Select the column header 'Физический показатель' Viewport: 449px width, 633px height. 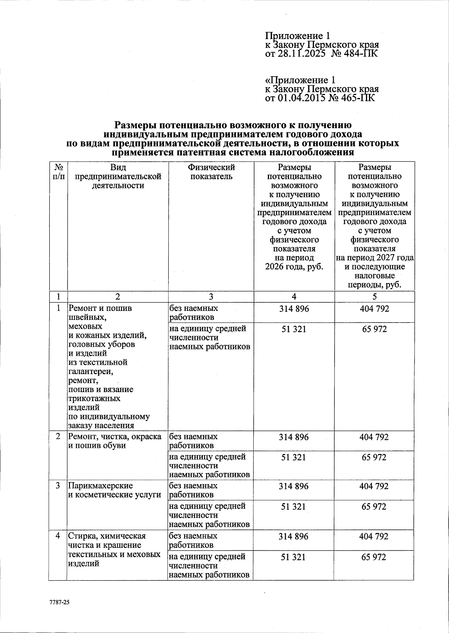[x=211, y=172]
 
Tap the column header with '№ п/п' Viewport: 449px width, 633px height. [x=58, y=172]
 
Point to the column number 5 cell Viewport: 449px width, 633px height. [x=374, y=297]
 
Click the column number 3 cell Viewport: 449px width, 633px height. [x=211, y=297]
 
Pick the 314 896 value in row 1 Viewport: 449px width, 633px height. [x=294, y=309]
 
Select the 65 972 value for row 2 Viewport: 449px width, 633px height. [x=374, y=457]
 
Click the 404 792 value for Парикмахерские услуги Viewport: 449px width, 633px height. [x=374, y=486]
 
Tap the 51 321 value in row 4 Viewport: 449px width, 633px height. [x=294, y=557]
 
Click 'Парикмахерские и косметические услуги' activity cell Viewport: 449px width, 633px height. [x=114, y=490]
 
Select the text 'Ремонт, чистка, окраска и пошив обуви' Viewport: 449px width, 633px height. [x=114, y=441]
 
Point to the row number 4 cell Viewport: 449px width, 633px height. [x=58, y=536]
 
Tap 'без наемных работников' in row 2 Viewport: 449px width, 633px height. [x=193, y=441]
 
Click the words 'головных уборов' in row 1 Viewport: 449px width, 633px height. [x=101, y=344]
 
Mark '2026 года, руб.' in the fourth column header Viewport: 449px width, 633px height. [x=294, y=267]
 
